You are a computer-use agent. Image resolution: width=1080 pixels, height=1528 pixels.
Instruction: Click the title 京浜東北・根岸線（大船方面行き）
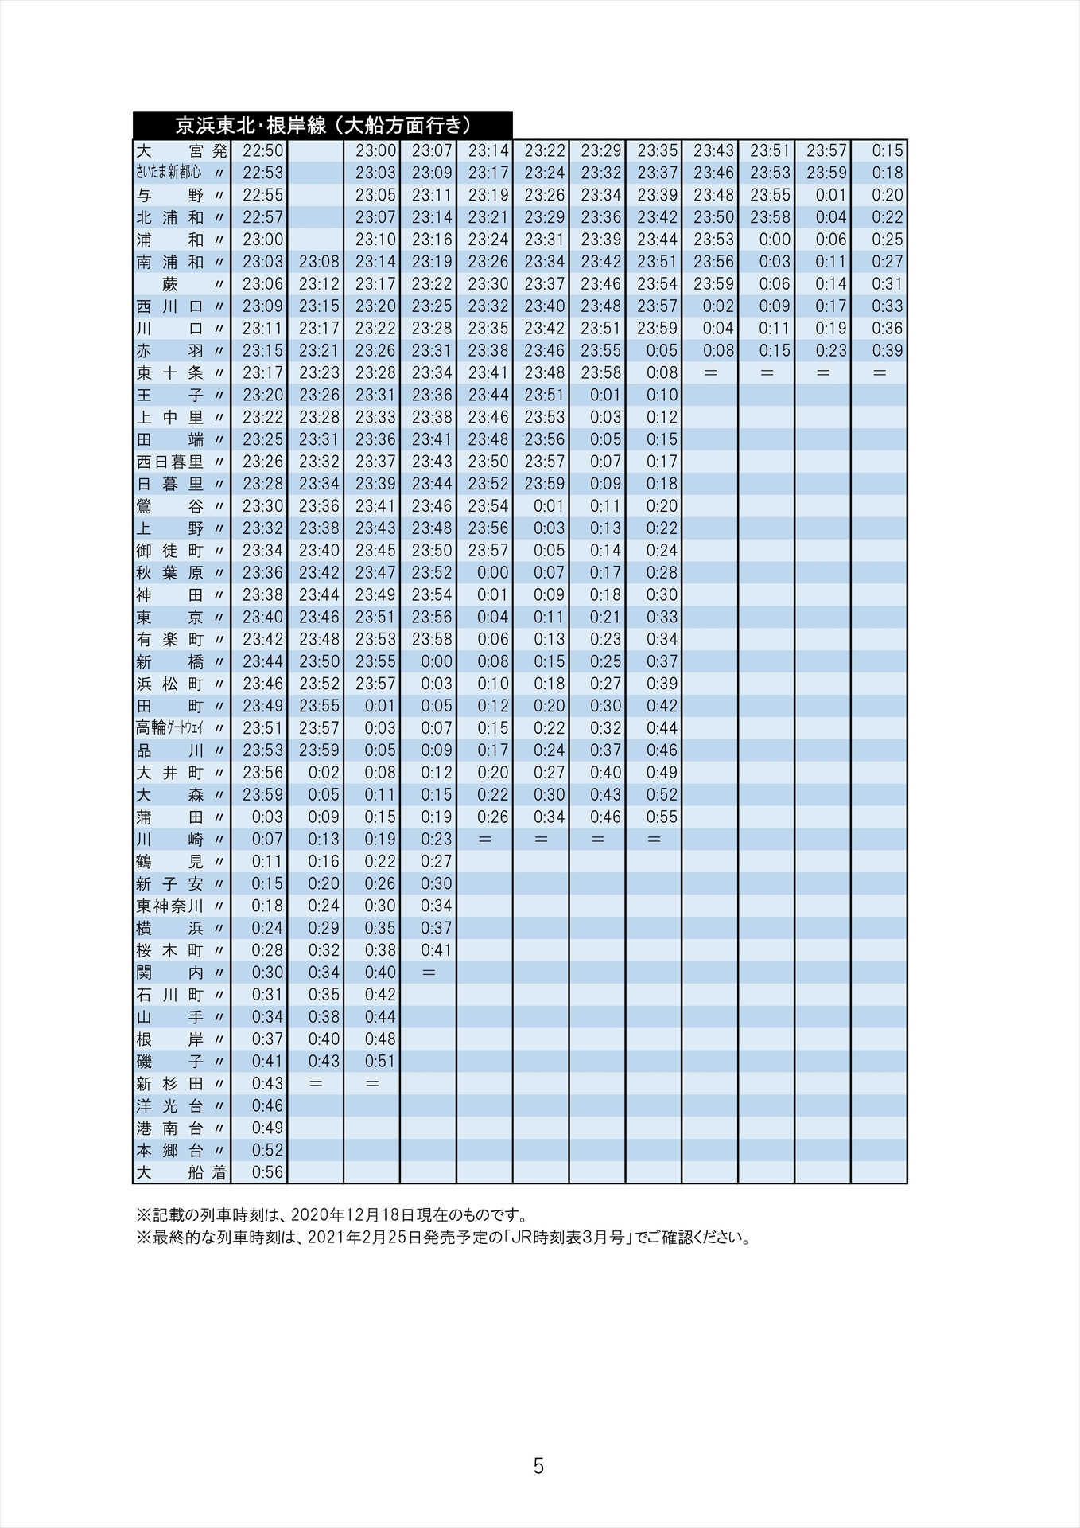[323, 126]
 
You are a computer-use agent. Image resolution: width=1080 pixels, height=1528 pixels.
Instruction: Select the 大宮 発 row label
[181, 150]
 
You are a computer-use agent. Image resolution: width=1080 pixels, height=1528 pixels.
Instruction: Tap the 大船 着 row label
[181, 1172]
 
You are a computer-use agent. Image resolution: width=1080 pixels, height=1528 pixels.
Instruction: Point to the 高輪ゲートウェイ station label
[170, 727]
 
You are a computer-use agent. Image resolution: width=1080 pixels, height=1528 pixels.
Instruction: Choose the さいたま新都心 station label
[169, 173]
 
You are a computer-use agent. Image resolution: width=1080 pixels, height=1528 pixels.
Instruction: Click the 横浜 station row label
[170, 928]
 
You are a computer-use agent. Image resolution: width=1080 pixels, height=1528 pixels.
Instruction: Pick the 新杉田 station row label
[170, 1083]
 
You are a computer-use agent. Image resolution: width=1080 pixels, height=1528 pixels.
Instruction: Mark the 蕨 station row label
[170, 284]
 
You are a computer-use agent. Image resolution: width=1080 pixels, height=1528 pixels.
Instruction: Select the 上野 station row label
[170, 528]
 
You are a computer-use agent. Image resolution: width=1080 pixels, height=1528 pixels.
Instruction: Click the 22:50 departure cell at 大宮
[262, 150]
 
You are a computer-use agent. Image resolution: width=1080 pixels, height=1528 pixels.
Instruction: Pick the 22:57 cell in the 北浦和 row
[262, 217]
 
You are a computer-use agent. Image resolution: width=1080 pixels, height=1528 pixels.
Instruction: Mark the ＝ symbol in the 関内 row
[429, 973]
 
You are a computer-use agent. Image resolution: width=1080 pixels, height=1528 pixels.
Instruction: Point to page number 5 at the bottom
[538, 1467]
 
